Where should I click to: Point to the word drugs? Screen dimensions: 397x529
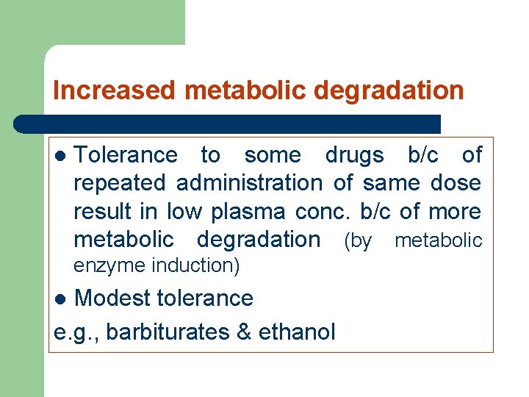click(354, 155)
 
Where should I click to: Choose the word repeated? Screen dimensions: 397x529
click(121, 183)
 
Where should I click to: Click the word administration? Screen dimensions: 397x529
click(249, 183)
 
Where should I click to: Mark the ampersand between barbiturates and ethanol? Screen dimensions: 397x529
click(244, 332)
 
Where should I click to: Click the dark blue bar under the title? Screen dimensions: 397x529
click(228, 124)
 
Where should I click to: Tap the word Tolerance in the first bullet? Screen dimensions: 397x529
click(126, 155)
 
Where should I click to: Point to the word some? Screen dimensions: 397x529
click(272, 155)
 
